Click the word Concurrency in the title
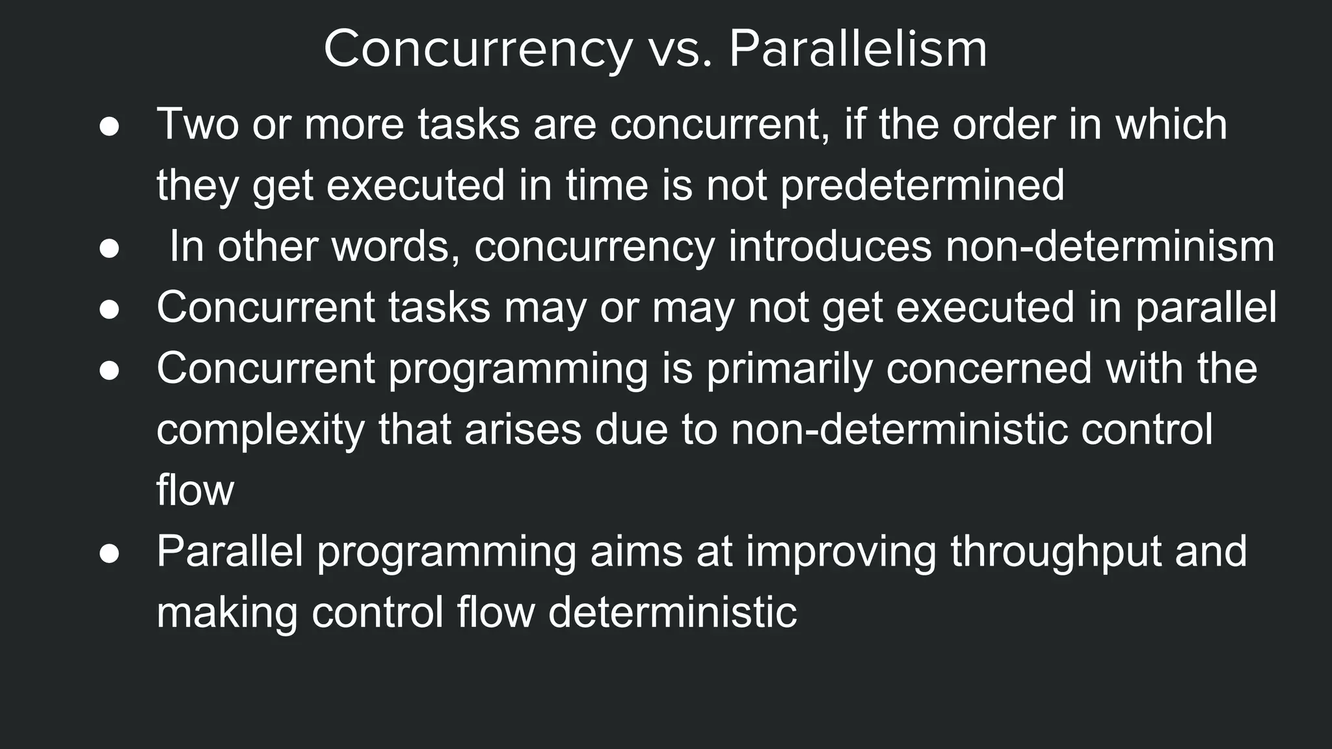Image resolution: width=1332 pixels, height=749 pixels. tap(477, 49)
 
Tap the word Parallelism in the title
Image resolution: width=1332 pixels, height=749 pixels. tap(857, 49)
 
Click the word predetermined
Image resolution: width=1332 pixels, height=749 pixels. tap(922, 186)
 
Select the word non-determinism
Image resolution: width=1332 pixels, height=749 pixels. tap(1110, 247)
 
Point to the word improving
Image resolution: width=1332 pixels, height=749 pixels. tap(840, 552)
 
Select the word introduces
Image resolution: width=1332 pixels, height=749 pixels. tap(829, 247)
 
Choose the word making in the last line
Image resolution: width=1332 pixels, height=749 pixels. tap(227, 613)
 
